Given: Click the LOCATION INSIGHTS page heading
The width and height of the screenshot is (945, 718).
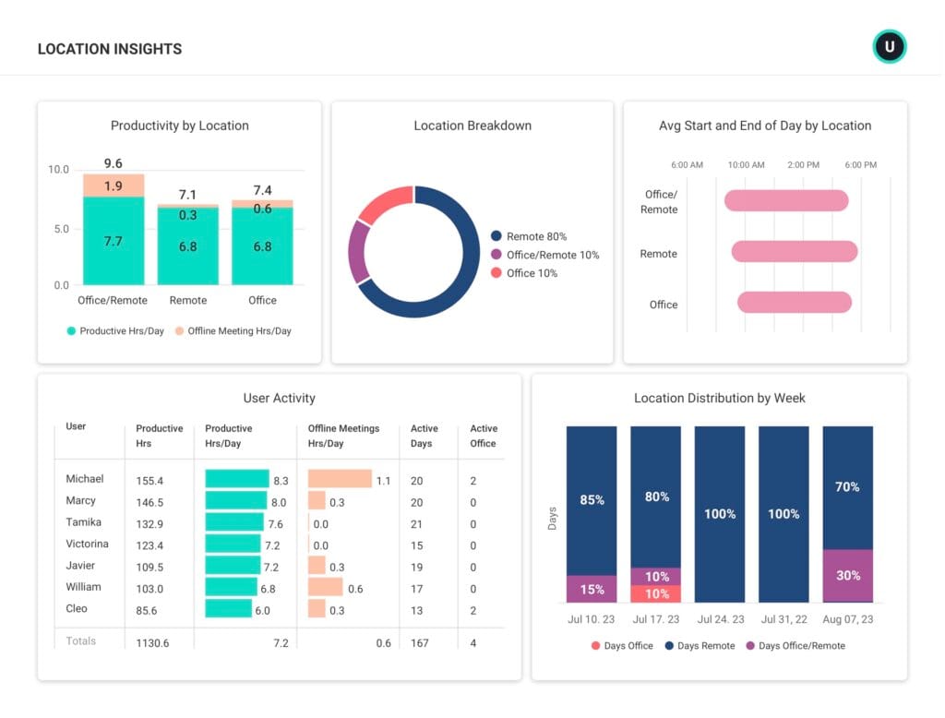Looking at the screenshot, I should [x=109, y=49].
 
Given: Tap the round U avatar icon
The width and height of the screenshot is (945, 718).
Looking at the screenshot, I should [x=890, y=46].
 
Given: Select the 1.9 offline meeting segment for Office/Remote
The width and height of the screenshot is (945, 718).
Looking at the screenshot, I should [x=113, y=185].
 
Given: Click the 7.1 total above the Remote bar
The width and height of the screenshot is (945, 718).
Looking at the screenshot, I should [x=187, y=195].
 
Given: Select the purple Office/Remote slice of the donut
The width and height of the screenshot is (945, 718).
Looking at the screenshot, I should [x=358, y=250].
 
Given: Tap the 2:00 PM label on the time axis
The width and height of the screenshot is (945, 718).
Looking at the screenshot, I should [x=803, y=165].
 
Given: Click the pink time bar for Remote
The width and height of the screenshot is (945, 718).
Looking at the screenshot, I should [x=795, y=251].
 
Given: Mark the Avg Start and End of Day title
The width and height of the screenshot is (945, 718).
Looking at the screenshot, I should [x=764, y=126].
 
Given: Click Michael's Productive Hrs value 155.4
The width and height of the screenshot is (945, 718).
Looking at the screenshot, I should [x=150, y=481].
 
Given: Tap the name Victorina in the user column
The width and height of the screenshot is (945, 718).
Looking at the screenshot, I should [x=87, y=544].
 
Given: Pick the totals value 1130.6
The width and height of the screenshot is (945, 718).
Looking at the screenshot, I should [x=152, y=643].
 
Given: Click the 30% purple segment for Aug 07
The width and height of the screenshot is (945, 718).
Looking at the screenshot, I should [x=847, y=575].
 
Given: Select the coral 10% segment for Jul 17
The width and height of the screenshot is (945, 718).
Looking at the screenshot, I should [x=655, y=593].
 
